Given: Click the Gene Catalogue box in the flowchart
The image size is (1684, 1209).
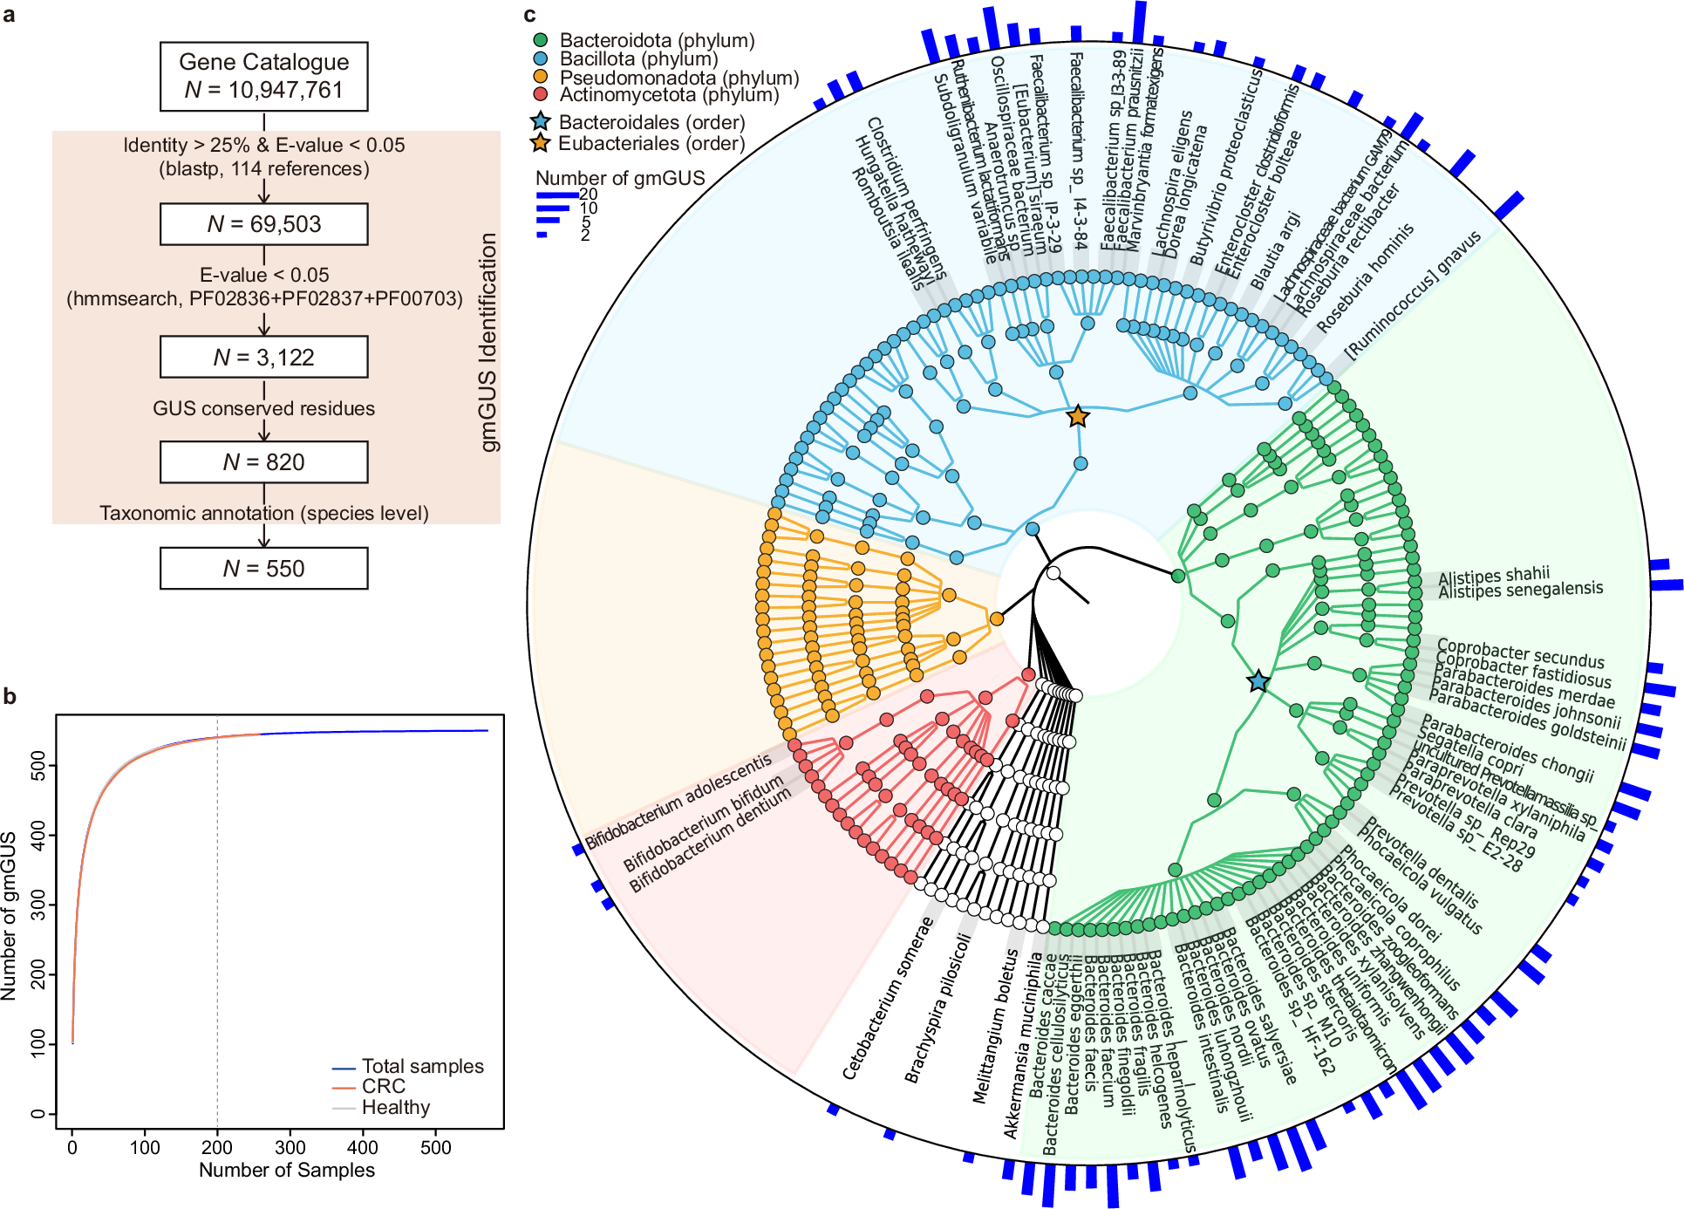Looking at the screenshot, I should (x=263, y=76).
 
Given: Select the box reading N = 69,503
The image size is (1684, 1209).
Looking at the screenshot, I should (x=263, y=224).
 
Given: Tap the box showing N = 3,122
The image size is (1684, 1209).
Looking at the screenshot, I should (x=263, y=357).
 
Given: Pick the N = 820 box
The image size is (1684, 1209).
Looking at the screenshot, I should (x=263, y=461).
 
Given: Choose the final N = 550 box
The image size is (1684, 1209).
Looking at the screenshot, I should (x=263, y=569).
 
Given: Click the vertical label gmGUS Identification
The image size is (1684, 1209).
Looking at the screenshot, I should (x=488, y=343).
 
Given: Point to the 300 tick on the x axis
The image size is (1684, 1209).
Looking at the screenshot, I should (x=290, y=1148).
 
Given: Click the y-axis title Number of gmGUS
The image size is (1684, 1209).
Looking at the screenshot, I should (x=10, y=916).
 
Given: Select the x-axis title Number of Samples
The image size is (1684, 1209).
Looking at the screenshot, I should (x=286, y=1171).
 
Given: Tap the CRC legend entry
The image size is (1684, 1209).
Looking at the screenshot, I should (x=383, y=1087).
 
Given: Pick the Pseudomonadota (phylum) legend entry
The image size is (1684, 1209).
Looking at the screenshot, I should (x=678, y=78).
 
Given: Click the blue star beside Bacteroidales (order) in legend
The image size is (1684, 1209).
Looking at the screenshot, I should (x=541, y=121).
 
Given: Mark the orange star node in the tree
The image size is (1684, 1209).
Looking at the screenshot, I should (x=1078, y=416).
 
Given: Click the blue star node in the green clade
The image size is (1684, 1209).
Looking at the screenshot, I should (x=1258, y=681).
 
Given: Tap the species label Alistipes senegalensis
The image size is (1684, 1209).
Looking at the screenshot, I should (x=1520, y=591).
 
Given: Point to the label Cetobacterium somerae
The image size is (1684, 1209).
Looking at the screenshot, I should (x=887, y=999).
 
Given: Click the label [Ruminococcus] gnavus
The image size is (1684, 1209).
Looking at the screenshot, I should (x=1412, y=295).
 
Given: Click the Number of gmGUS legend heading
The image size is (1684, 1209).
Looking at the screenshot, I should (x=619, y=178).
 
